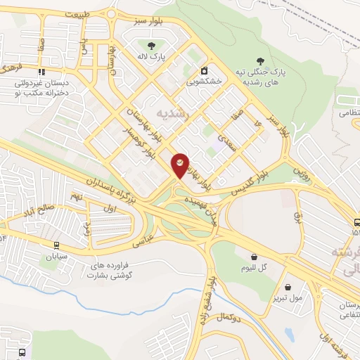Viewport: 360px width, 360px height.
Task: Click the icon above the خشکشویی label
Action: coord(204,70)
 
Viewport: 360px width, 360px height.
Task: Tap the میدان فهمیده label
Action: coord(198,201)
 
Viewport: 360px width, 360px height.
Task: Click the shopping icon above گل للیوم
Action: coord(254,258)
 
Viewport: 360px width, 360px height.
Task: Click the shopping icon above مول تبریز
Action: coord(289,286)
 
